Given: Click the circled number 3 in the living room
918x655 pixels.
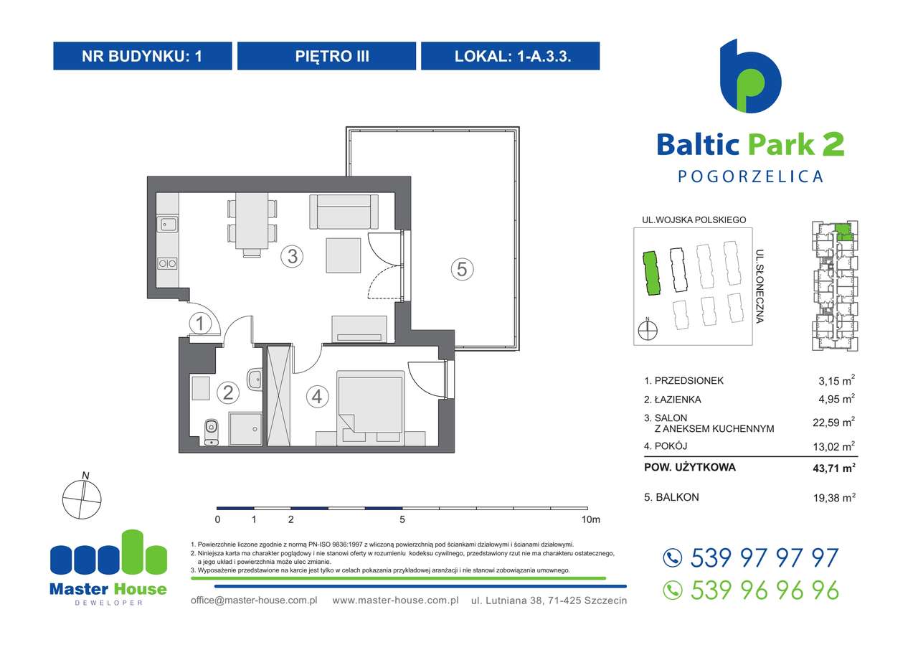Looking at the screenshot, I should coord(290,256).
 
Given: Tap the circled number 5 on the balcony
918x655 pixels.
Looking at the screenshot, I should coord(462,269).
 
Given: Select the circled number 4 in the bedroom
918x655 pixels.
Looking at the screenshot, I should coord(316,396).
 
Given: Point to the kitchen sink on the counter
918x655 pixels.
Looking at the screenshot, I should coord(168,225).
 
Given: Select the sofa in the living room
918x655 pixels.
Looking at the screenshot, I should coord(344,210).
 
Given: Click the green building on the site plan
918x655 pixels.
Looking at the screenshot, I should coord(650,273).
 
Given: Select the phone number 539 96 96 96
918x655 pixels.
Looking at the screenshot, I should coord(763,590).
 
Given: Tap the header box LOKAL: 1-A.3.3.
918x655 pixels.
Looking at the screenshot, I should coord(510,56).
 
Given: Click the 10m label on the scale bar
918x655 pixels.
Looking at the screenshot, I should coord(591,519).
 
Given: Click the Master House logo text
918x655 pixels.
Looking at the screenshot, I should coord(108,589).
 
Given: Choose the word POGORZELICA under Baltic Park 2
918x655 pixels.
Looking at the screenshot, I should coord(750,176).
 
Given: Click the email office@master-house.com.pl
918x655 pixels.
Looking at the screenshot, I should coord(254,600).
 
